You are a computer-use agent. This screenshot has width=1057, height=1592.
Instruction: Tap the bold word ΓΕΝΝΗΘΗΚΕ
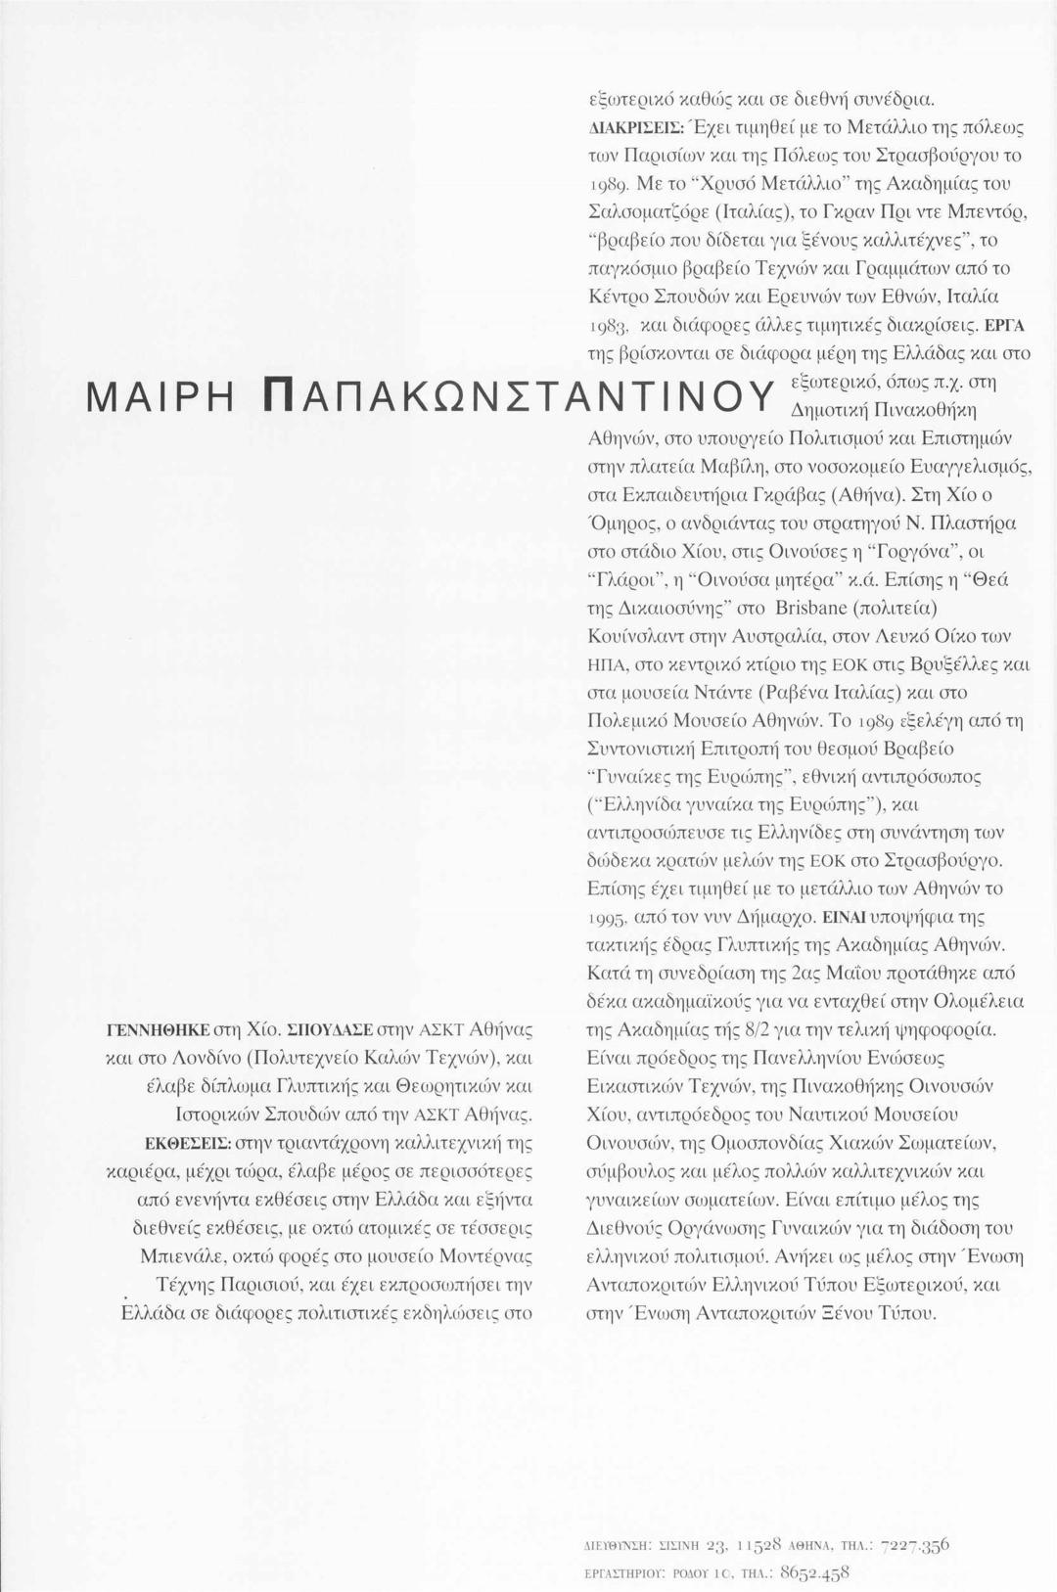158,1029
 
